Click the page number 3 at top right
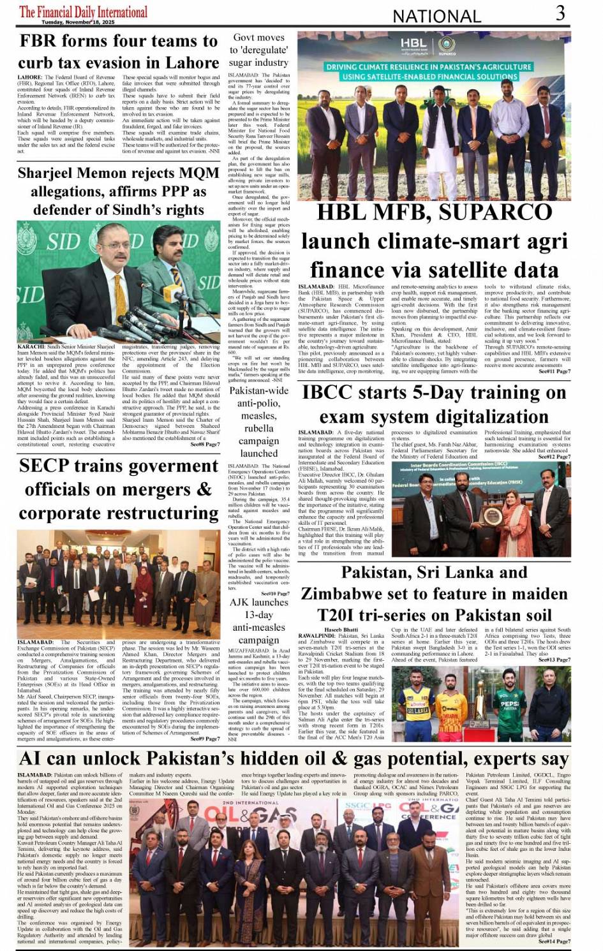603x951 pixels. [560, 13]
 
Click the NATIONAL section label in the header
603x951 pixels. [436, 17]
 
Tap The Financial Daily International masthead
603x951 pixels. [83, 11]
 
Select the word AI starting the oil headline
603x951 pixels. [32, 758]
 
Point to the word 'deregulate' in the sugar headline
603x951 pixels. [258, 50]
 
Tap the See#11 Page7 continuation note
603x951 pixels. [555, 371]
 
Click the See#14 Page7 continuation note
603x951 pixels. [555, 941]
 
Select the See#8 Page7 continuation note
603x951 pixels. [205, 444]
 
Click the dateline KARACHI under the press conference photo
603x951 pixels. [32, 347]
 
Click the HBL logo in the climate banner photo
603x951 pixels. [413, 45]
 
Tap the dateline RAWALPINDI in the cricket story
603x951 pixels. [317, 636]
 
